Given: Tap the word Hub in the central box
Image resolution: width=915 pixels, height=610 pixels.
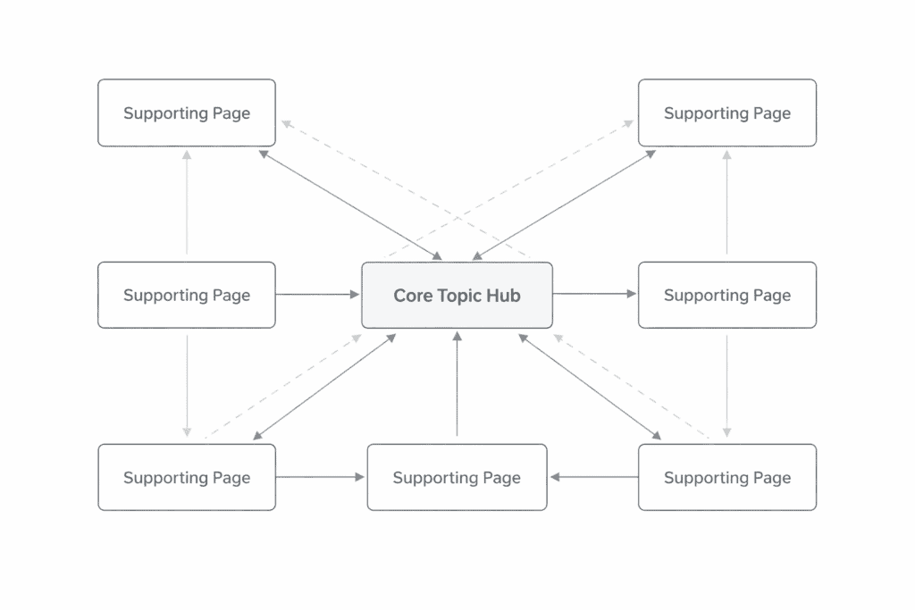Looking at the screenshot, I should pos(503,296).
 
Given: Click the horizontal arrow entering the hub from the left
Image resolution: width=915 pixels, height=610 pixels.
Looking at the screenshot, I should pos(317,295).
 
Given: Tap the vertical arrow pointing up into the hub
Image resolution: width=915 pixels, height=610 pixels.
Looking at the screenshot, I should pos(457,384).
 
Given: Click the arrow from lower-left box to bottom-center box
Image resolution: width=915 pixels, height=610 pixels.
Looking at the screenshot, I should pos(321,478).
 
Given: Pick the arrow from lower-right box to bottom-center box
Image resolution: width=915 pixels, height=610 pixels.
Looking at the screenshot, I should pos(593,478).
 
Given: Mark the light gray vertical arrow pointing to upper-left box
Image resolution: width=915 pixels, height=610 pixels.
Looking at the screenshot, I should pos(187,202).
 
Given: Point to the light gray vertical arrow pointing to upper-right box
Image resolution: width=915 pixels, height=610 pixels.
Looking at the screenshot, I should pos(726,202).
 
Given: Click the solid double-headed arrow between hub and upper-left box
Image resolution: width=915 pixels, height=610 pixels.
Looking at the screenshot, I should pos(349,205).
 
